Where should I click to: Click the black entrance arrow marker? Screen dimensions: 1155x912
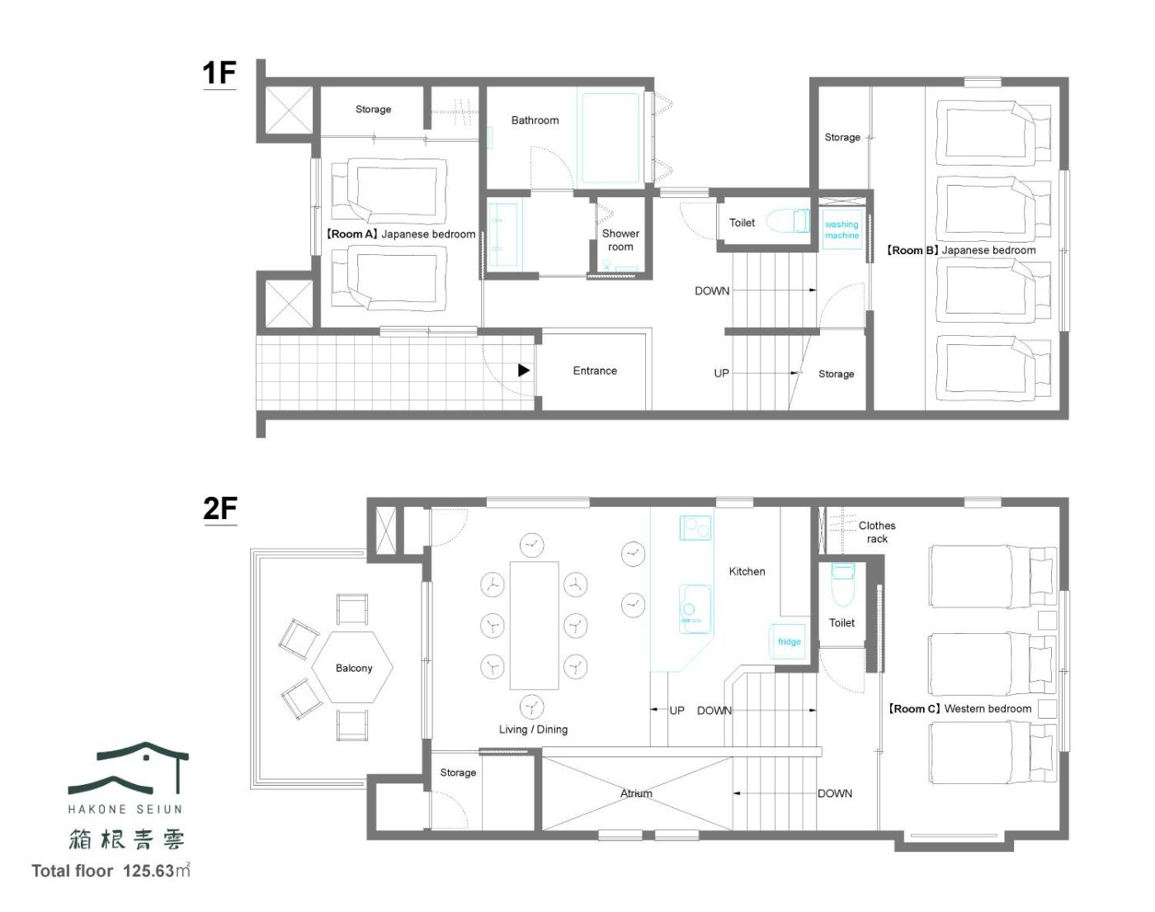[x=523, y=370]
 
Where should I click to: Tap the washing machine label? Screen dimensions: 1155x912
[x=841, y=230]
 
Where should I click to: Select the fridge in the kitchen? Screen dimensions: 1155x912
[x=788, y=641]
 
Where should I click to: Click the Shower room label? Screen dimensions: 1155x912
[x=620, y=240]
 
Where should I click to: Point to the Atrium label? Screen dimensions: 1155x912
[x=636, y=793]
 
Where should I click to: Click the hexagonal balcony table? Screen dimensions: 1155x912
[x=352, y=668]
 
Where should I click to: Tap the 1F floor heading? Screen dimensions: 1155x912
[x=219, y=73]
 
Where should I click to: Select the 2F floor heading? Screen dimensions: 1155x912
[x=219, y=508]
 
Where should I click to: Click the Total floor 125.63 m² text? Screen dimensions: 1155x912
[x=111, y=870]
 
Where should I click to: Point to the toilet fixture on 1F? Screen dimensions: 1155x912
[x=787, y=220]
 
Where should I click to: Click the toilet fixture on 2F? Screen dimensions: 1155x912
[x=842, y=584]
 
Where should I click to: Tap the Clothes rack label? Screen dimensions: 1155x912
[x=877, y=532]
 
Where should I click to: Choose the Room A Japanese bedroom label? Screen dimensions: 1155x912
[x=400, y=234]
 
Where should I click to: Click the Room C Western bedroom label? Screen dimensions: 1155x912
[x=959, y=708]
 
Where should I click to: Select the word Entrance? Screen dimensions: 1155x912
[x=595, y=371]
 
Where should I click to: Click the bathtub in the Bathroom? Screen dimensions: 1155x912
[x=610, y=138]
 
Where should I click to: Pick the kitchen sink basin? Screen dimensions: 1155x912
[x=695, y=608]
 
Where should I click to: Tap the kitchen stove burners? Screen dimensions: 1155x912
[x=695, y=527]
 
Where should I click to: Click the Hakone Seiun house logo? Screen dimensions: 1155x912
[x=128, y=768]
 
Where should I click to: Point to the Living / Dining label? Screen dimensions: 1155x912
[x=533, y=730]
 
